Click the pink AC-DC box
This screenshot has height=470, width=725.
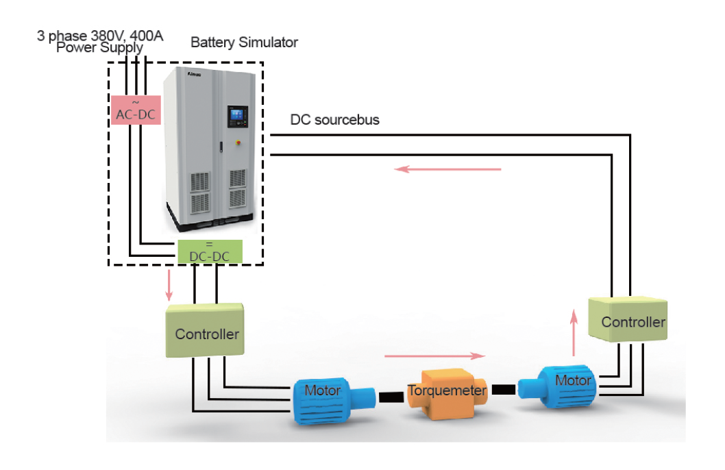click(x=136, y=110)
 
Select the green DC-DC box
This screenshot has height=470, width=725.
click(x=210, y=251)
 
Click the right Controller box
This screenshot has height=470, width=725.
click(x=632, y=319)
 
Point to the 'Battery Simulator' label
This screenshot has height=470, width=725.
click(x=244, y=42)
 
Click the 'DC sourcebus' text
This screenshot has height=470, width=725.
click(x=335, y=121)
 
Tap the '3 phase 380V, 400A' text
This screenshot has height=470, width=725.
click(x=100, y=35)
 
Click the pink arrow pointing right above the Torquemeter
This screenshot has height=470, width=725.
click(x=435, y=356)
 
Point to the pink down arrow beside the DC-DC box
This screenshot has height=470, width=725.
click(x=169, y=286)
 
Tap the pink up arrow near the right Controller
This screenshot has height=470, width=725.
click(x=574, y=332)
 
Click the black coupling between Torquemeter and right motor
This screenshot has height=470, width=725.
click(x=503, y=390)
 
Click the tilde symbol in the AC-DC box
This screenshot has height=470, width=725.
click(x=135, y=101)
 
